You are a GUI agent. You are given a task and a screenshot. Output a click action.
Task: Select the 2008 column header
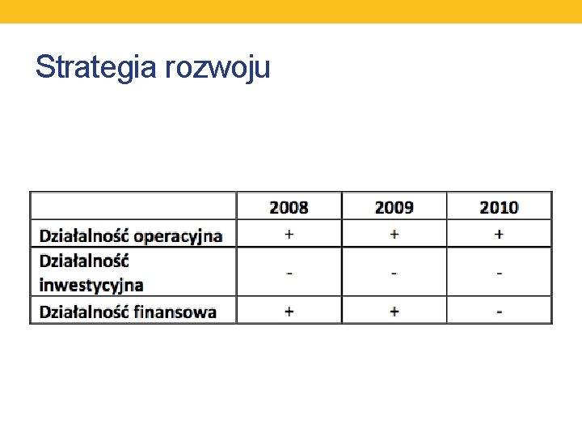click(289, 207)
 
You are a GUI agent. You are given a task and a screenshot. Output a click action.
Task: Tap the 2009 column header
click(394, 207)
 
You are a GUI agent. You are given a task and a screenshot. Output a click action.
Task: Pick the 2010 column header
click(499, 207)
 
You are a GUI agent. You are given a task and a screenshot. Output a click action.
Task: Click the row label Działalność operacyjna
click(130, 235)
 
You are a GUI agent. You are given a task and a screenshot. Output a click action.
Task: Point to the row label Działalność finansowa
click(128, 311)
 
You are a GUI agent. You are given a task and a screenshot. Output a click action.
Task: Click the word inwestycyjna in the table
click(91, 284)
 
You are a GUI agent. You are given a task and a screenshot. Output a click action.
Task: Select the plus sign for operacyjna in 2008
click(289, 234)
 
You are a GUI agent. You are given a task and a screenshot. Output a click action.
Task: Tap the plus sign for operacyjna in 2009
click(394, 234)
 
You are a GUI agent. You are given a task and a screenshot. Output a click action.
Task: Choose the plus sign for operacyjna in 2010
click(499, 234)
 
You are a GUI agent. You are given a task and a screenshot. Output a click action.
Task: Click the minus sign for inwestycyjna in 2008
click(289, 273)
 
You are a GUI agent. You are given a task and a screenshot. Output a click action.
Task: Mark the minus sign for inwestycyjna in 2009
click(394, 273)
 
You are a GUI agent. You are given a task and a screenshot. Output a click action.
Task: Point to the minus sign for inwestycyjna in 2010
click(499, 273)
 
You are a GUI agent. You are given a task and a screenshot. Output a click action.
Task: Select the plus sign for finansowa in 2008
click(289, 311)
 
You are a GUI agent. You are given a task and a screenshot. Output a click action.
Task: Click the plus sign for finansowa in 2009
click(394, 311)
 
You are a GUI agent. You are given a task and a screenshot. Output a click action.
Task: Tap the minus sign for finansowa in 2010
click(499, 312)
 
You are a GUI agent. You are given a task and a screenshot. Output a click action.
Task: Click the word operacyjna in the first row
click(178, 235)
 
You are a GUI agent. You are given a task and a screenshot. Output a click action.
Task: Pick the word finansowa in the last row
click(175, 311)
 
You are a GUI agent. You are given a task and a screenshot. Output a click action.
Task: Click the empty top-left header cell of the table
click(133, 206)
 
